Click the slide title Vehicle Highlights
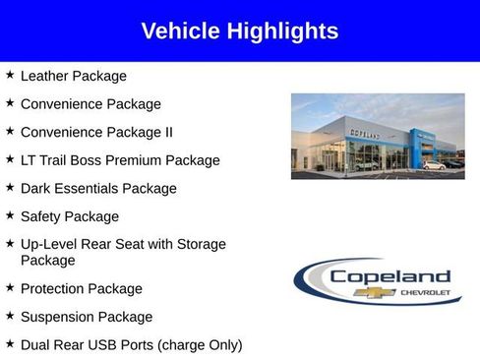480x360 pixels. [x=239, y=31]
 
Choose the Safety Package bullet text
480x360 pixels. [x=69, y=216]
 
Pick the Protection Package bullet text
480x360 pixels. [x=81, y=289]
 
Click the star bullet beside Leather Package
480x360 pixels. [x=9, y=75]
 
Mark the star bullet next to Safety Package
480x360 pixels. [x=9, y=215]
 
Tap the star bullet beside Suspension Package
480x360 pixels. [x=9, y=316]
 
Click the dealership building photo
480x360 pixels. [x=378, y=136]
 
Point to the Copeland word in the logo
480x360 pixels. [x=390, y=277]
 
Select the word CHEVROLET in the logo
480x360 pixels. [x=425, y=293]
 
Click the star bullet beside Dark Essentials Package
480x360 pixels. [x=9, y=187]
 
